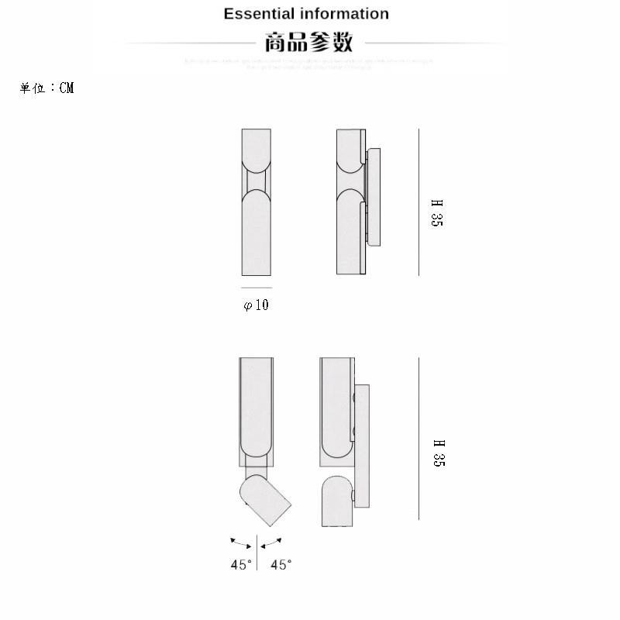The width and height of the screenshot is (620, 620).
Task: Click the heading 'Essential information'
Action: tap(306, 14)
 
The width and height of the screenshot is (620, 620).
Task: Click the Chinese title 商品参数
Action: tap(308, 42)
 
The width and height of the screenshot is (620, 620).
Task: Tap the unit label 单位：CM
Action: tap(46, 88)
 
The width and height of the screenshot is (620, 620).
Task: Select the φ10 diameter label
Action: tap(257, 305)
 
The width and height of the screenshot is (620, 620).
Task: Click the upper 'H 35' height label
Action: tap(437, 213)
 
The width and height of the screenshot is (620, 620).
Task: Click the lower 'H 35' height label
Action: tap(437, 453)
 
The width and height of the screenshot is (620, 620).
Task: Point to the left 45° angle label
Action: tap(241, 565)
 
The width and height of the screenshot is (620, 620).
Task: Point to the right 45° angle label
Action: tap(281, 565)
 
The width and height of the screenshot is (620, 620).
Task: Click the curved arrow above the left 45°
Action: tap(241, 542)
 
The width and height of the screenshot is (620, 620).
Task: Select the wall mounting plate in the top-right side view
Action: tap(374, 197)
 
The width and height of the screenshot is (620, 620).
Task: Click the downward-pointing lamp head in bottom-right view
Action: tap(336, 501)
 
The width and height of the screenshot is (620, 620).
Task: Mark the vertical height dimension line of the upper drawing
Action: tap(418, 201)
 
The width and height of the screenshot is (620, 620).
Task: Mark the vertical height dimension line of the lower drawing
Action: tap(418, 438)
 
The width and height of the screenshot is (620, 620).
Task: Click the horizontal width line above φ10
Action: tap(257, 288)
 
